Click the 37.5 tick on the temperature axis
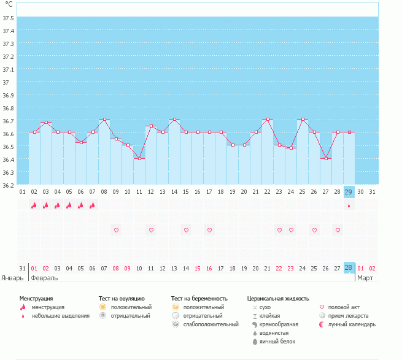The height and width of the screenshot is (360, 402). pyautogui.click(x=9, y=18)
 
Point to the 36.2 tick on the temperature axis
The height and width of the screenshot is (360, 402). pyautogui.click(x=9, y=185)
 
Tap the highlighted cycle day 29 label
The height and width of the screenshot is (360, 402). pyautogui.click(x=349, y=192)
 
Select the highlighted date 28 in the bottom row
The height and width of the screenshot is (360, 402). pyautogui.click(x=349, y=268)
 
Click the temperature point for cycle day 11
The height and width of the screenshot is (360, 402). pyautogui.click(x=139, y=158)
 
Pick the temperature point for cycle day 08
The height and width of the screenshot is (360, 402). pyautogui.click(x=104, y=120)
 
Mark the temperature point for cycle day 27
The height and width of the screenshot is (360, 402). pyautogui.click(x=325, y=158)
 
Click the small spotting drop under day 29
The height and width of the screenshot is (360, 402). pyautogui.click(x=349, y=206)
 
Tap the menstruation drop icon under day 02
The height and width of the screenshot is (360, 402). pyautogui.click(x=34, y=205)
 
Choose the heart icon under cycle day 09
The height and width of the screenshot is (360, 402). pyautogui.click(x=116, y=230)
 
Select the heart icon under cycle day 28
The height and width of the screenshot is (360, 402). pyautogui.click(x=337, y=230)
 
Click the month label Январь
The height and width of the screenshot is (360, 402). pyautogui.click(x=12, y=278)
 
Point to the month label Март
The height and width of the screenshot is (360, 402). pyautogui.click(x=366, y=278)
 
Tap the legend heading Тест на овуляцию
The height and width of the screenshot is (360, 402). pyautogui.click(x=122, y=298)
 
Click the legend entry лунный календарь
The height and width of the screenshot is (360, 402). pyautogui.click(x=352, y=324)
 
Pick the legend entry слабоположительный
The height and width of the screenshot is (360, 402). pyautogui.click(x=211, y=324)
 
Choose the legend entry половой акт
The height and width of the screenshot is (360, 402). pyautogui.click(x=344, y=307)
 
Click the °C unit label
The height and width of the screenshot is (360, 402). pyautogui.click(x=9, y=4)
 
